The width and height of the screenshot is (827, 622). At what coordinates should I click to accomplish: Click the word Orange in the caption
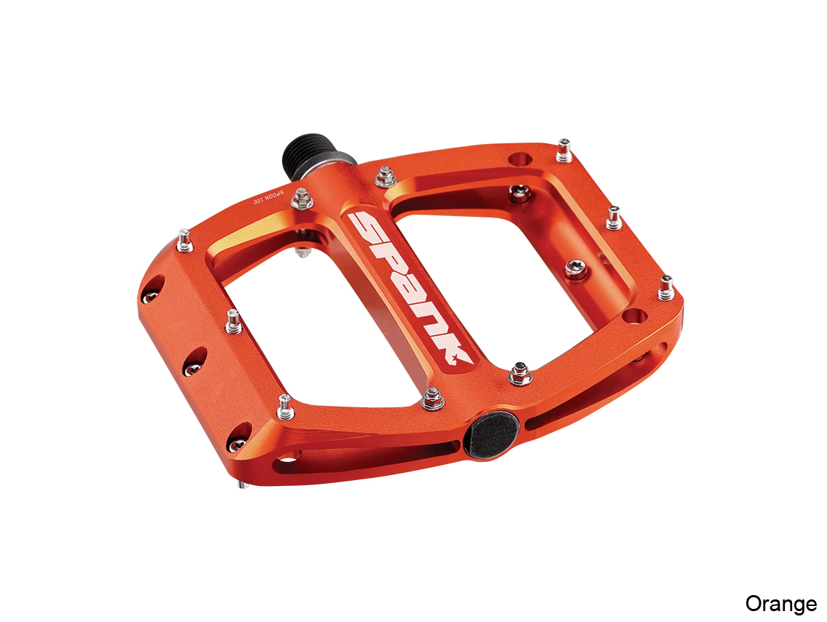pos(780,604)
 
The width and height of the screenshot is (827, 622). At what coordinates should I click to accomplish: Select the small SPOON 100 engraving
pos(268,196)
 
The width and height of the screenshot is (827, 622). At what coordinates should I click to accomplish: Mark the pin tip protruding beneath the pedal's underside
pos(243,485)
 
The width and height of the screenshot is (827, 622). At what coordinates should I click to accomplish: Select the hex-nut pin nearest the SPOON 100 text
pos(302,199)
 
